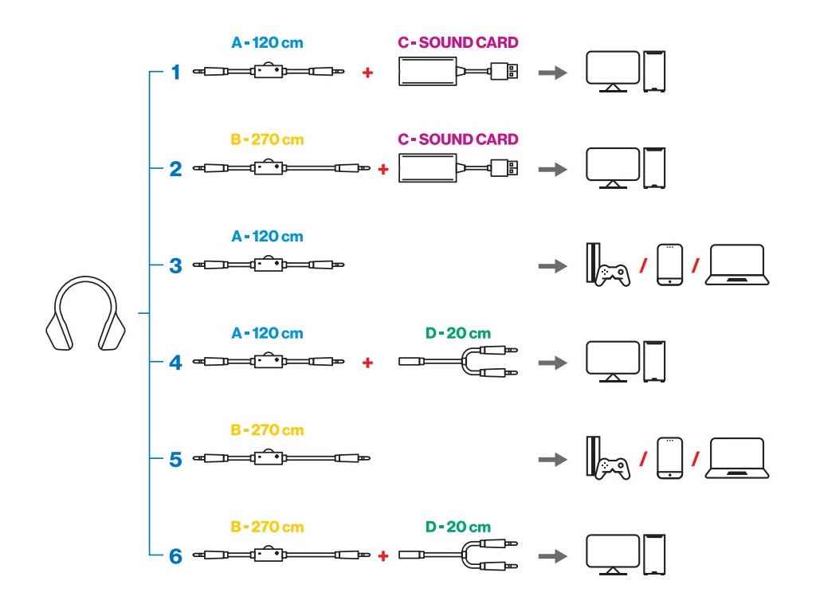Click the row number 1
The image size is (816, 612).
[176, 73]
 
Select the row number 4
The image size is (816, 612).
[176, 363]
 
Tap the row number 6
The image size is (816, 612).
[176, 556]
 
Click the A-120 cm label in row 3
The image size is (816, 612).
[267, 236]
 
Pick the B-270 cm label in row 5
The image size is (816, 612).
[267, 430]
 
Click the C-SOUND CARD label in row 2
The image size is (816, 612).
[458, 139]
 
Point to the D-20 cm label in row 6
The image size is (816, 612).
[458, 527]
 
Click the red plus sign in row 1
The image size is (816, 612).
[367, 73]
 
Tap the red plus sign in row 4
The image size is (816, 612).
[367, 363]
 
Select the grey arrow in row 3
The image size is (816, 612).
[553, 266]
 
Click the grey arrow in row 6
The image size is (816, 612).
[553, 556]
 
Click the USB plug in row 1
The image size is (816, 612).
[504, 71]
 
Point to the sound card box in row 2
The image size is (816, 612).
[428, 168]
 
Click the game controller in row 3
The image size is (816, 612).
[613, 276]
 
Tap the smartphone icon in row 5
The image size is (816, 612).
[669, 458]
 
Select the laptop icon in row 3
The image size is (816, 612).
[737, 265]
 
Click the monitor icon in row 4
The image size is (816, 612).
[613, 362]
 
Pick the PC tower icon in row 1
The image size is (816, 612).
[654, 71]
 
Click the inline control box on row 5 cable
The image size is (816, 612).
[269, 457]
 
